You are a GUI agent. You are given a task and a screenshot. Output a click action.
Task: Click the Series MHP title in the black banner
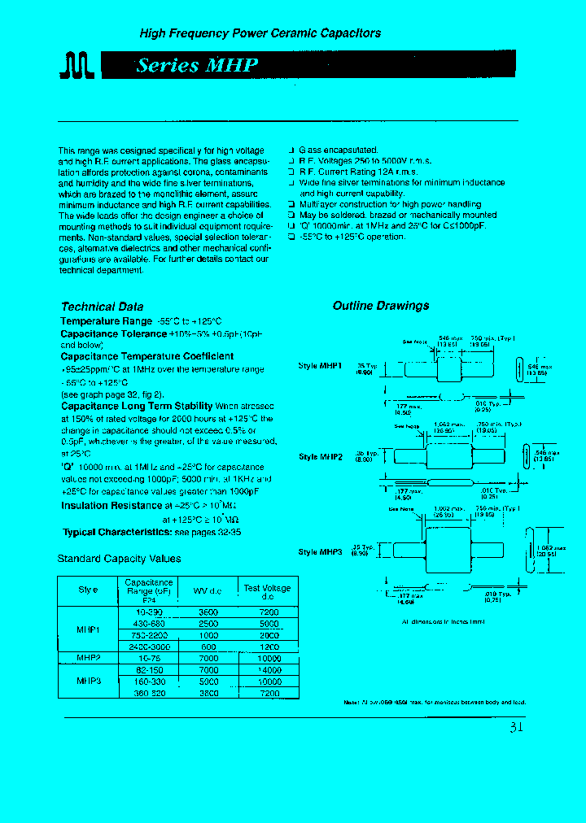click(197, 65)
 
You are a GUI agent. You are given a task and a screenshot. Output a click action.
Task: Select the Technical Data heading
click(102, 307)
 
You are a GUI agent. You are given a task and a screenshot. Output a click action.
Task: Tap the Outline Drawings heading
click(380, 306)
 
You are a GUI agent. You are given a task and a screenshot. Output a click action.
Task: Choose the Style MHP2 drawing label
click(320, 457)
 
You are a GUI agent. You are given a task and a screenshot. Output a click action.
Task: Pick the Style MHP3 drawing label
click(320, 551)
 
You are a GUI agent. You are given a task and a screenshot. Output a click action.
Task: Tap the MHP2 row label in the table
click(88, 657)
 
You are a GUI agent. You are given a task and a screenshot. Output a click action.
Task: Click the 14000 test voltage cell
click(268, 669)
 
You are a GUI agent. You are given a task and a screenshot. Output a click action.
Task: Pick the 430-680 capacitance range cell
click(147, 623)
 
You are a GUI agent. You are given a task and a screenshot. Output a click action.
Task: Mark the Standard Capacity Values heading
click(119, 559)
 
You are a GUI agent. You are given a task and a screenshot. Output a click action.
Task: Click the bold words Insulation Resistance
click(112, 506)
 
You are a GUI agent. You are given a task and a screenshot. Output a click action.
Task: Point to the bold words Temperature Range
click(106, 321)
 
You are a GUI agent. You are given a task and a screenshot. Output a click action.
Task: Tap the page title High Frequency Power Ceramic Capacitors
click(260, 33)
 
